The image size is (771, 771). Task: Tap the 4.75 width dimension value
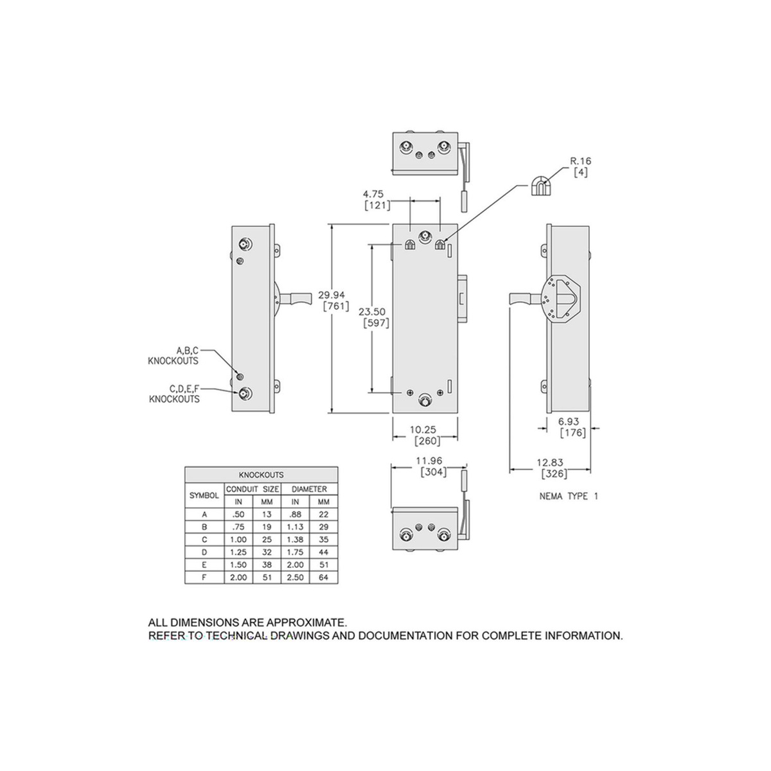tap(373, 194)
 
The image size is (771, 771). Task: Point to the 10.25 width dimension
tap(423, 430)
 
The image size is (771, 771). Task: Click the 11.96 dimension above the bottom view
tap(429, 461)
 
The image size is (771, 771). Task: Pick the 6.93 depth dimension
tap(569, 421)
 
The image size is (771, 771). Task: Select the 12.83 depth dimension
tap(550, 463)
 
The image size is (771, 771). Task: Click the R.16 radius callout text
tap(581, 161)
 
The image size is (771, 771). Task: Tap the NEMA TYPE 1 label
tap(569, 496)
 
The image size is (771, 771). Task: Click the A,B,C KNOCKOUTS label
tap(173, 356)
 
